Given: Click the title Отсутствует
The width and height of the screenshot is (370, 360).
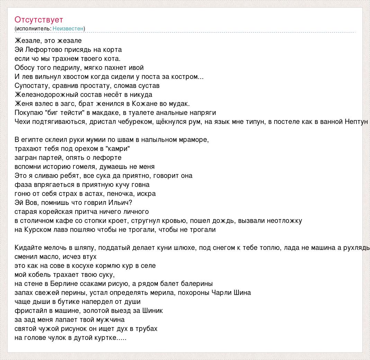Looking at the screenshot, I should pyautogui.click(x=39, y=20).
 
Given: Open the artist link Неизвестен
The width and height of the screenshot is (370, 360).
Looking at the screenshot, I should pyautogui.click(x=68, y=28).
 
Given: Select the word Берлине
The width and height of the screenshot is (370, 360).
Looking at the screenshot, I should pyautogui.click(x=60, y=283).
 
